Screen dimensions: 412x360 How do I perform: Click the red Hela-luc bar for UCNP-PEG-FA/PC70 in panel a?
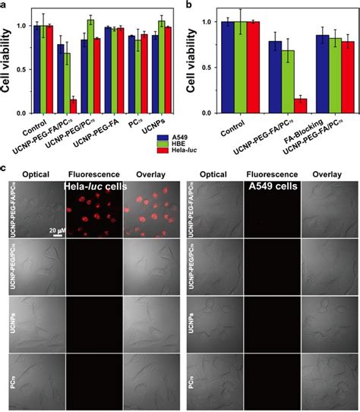tap(74, 105)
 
